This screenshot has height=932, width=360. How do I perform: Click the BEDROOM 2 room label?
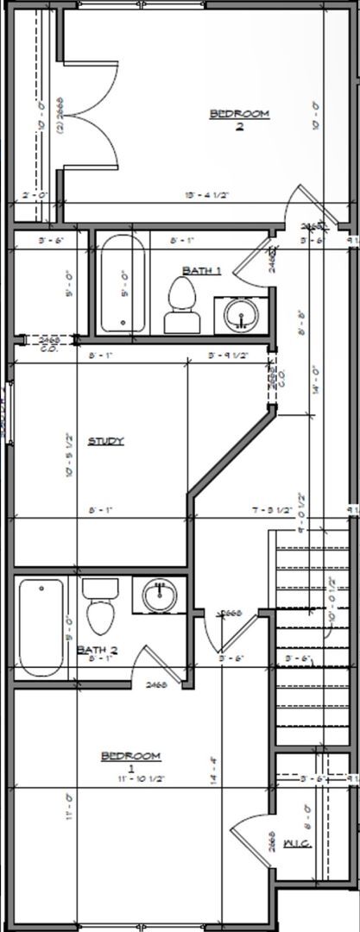239,118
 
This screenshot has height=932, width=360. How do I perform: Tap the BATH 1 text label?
205,270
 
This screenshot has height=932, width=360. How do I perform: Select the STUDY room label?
106,441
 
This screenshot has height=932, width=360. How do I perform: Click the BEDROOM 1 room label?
130,760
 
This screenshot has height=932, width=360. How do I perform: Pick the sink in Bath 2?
159,595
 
